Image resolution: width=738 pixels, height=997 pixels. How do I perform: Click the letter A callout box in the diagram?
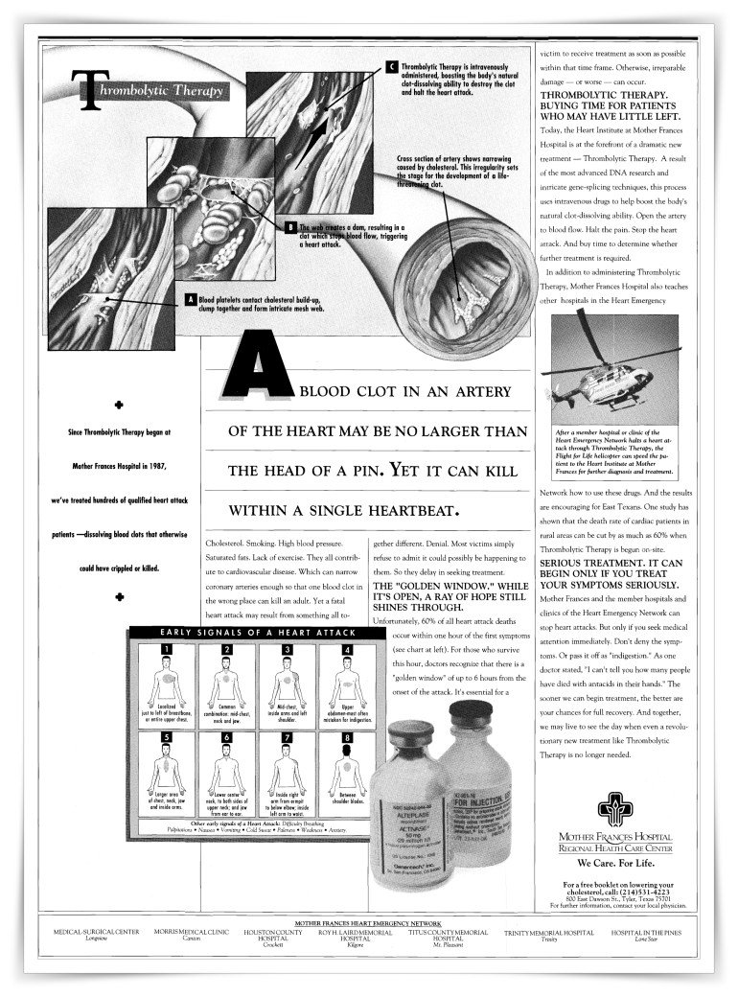[190, 300]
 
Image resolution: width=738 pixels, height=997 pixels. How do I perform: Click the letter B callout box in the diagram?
[289, 227]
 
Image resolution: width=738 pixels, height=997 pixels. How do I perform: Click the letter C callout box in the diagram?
[391, 66]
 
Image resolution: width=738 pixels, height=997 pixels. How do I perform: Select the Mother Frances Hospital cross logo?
[616, 811]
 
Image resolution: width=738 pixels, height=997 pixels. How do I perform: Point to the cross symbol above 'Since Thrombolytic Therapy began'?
[120, 405]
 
